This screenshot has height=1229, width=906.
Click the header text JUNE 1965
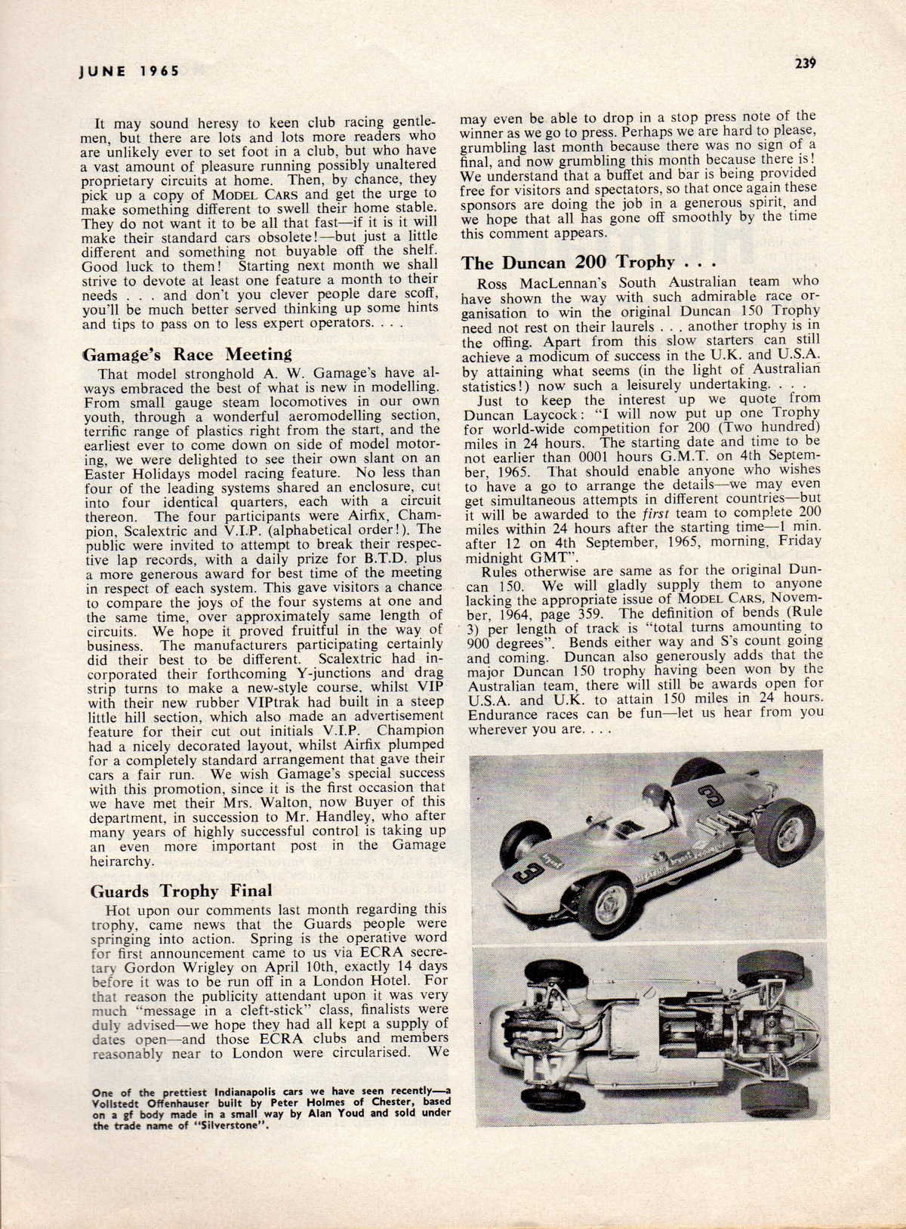point(129,71)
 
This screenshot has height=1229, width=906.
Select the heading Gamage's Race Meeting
point(186,355)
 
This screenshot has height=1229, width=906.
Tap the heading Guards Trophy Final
point(181,891)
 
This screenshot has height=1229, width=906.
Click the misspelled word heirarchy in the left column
point(123,860)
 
